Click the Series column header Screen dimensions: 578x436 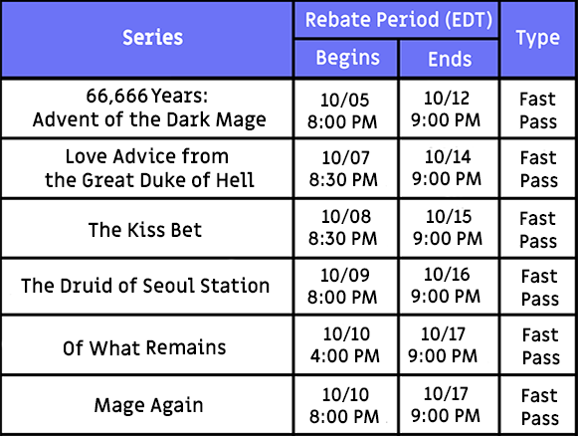pyautogui.click(x=152, y=38)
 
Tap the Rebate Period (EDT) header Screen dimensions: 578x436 pyautogui.click(x=399, y=20)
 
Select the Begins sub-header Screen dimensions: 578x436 pyautogui.click(x=347, y=58)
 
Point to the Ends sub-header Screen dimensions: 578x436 pyautogui.click(x=450, y=59)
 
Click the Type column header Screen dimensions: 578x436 pyautogui.click(x=538, y=39)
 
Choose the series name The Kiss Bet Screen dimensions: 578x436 pyautogui.click(x=145, y=230)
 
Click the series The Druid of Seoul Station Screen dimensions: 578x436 pyautogui.click(x=145, y=286)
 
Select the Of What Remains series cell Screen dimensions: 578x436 pyautogui.click(x=144, y=347)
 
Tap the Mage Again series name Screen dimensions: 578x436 pyautogui.click(x=148, y=405)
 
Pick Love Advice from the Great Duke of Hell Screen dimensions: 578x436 pyautogui.click(x=149, y=168)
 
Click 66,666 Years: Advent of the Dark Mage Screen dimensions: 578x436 pyautogui.click(x=149, y=108)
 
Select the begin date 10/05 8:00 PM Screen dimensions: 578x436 pyautogui.click(x=343, y=110)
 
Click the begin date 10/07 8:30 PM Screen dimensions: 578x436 pyautogui.click(x=343, y=168)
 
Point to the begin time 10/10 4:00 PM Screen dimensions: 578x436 pyautogui.click(x=345, y=344)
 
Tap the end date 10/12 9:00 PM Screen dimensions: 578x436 pyautogui.click(x=446, y=109)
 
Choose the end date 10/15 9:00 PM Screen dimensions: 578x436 pyautogui.click(x=448, y=227)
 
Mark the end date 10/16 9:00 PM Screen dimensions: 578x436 pyautogui.click(x=446, y=285)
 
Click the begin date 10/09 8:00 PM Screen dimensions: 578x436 pyautogui.click(x=343, y=287)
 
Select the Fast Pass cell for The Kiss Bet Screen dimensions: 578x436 pyautogui.click(x=538, y=230)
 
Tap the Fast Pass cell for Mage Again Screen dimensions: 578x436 pyautogui.click(x=540, y=407)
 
